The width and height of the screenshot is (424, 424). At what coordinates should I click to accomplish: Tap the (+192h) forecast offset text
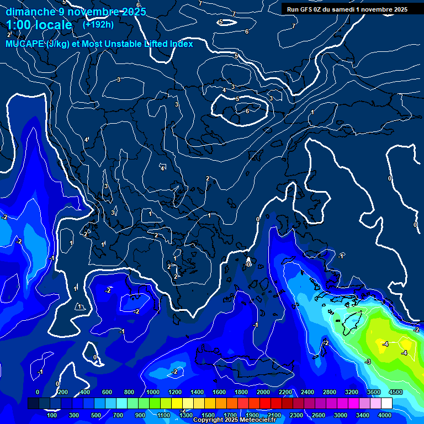[98, 24]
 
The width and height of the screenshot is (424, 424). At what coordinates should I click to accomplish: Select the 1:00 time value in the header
[19, 25]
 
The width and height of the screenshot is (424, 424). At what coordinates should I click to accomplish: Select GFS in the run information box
[308, 9]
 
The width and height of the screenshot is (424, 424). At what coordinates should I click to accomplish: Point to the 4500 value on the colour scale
[395, 392]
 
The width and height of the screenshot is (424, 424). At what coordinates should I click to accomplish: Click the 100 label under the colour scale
[52, 415]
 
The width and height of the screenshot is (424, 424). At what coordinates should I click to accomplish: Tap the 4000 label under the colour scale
[385, 415]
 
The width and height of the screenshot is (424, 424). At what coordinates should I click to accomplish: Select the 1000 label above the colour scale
[152, 392]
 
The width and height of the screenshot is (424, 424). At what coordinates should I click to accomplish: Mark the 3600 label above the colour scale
[373, 392]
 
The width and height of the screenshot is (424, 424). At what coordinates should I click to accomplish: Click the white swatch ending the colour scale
[386, 404]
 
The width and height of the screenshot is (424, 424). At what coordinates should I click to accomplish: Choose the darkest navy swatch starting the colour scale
[33, 404]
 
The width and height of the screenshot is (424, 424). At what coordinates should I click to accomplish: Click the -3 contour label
[367, 362]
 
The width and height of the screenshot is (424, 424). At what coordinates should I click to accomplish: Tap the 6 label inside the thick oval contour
[247, 111]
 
